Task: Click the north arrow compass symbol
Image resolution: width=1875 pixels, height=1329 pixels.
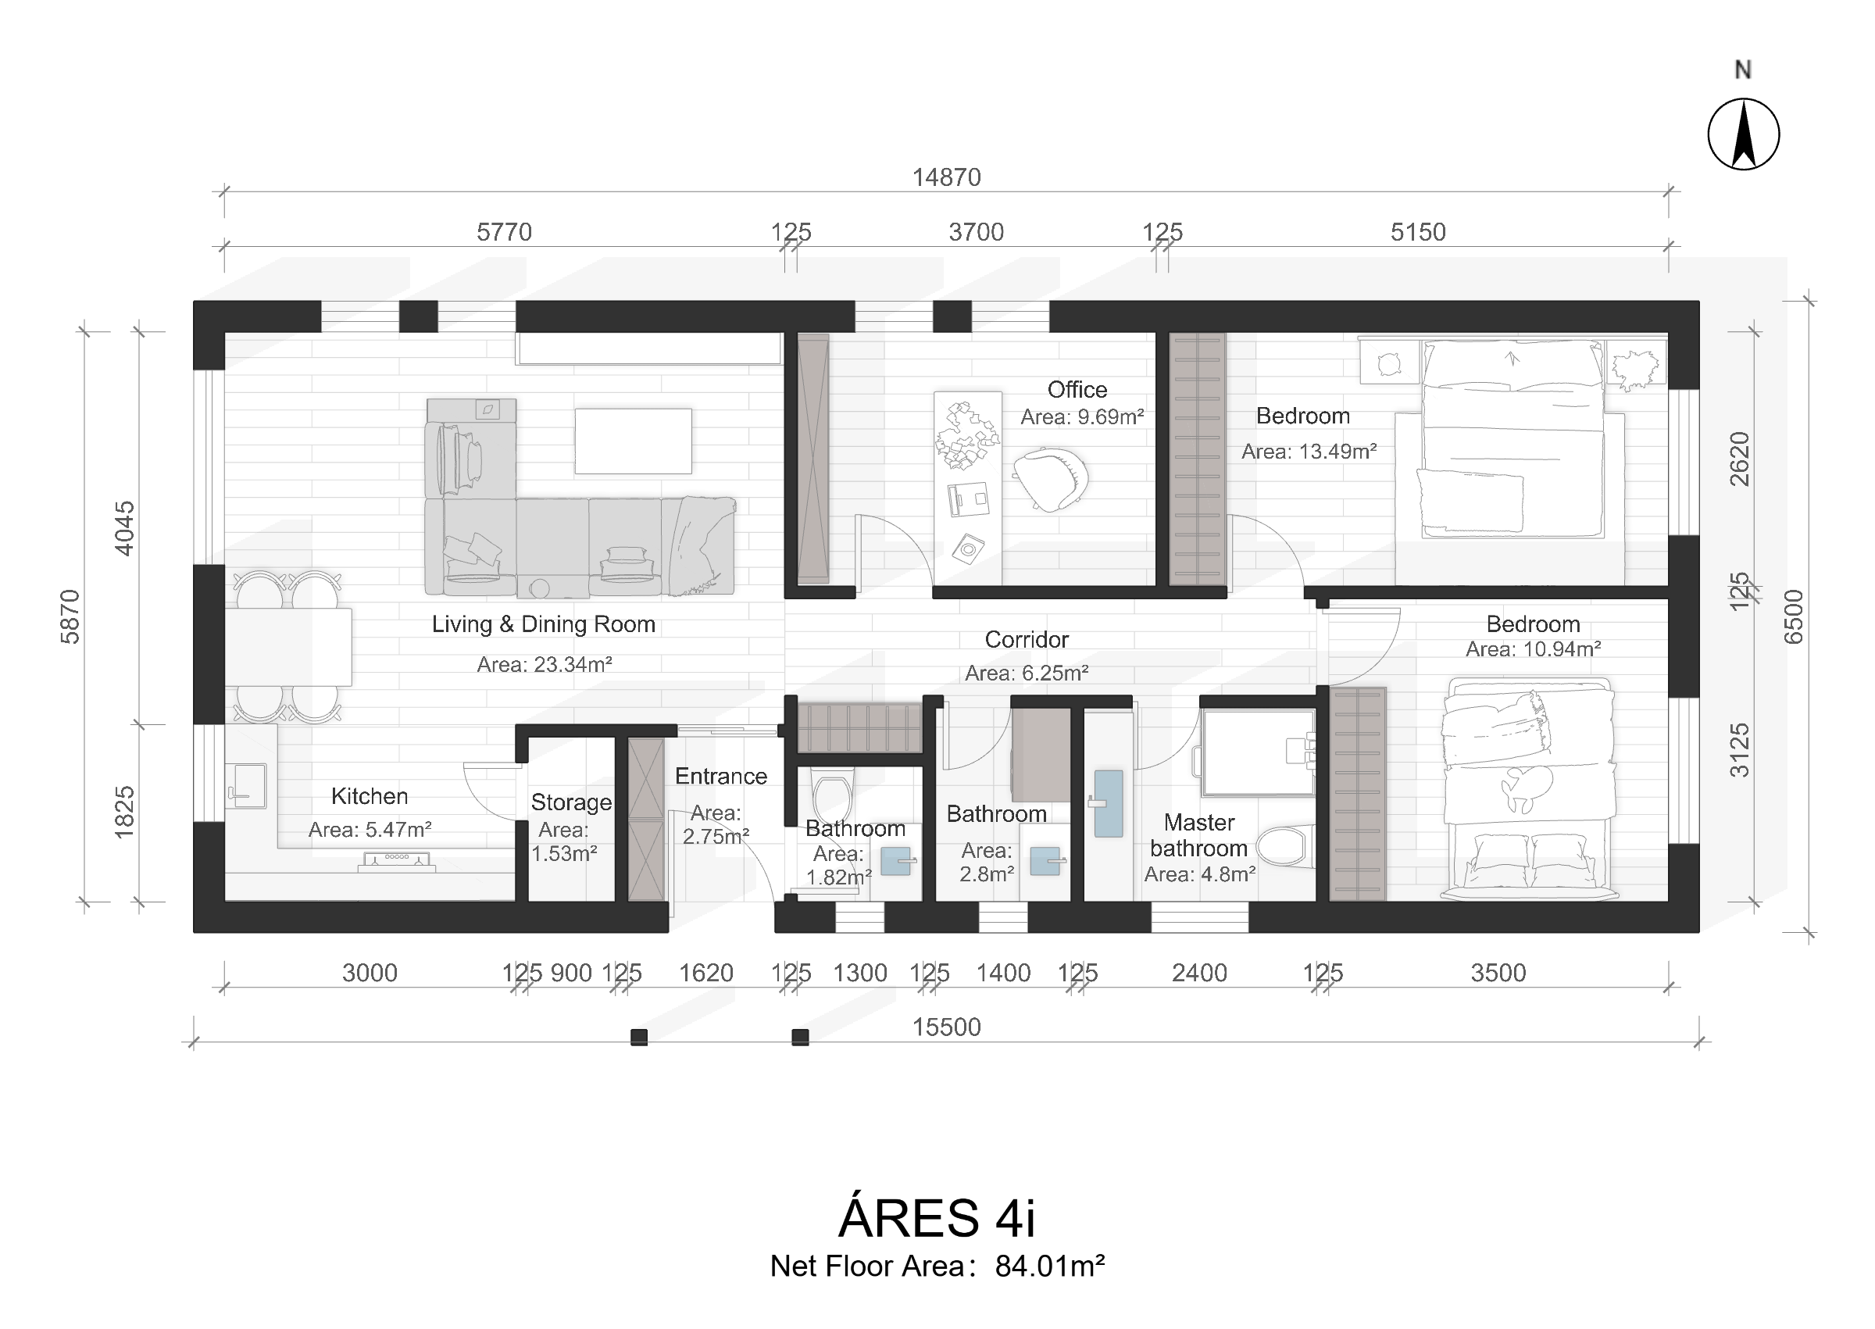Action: [x=1743, y=134]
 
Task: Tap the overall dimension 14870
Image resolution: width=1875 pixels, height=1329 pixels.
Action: [x=947, y=177]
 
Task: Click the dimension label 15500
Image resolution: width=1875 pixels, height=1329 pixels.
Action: [x=947, y=1027]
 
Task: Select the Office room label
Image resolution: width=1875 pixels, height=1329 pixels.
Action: [x=1077, y=390]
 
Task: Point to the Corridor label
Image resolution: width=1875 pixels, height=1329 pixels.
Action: [x=1027, y=639]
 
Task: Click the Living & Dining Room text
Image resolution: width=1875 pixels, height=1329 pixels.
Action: [x=544, y=624]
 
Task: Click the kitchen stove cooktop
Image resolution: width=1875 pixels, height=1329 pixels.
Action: [x=397, y=860]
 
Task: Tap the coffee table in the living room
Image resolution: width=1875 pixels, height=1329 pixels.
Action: [x=633, y=441]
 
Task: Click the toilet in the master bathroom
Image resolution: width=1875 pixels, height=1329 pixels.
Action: [x=1284, y=845]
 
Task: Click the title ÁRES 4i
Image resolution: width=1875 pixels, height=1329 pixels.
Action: [x=937, y=1218]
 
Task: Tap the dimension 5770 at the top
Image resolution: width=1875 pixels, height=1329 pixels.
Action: [x=504, y=232]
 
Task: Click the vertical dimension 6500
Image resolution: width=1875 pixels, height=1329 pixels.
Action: [x=1793, y=617]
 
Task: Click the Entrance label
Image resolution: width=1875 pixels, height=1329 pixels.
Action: [x=721, y=776]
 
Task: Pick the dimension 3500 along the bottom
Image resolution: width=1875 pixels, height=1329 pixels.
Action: [x=1498, y=973]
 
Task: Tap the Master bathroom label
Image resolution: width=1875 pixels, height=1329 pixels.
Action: [x=1199, y=835]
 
